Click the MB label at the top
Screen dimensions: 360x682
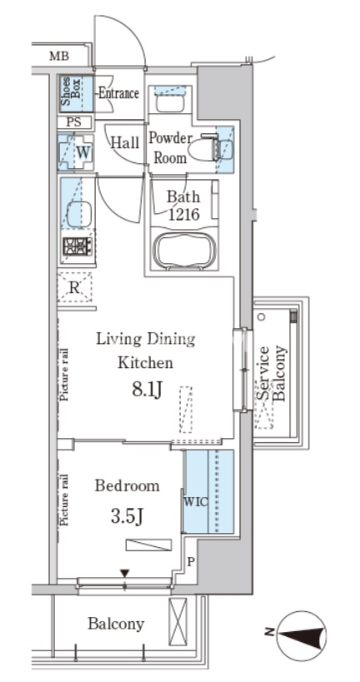coord(59,56)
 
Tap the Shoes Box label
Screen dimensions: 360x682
coord(71,93)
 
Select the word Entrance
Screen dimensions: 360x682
coord(118,93)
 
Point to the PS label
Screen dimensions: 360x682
coord(74,122)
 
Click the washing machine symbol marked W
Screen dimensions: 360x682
coord(76,152)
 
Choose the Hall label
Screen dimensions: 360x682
coord(124,142)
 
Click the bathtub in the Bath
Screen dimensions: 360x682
coord(185,251)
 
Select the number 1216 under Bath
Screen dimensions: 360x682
coord(183,215)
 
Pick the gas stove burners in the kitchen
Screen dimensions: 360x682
coord(77,246)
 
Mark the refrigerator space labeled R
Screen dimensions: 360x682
coord(75,287)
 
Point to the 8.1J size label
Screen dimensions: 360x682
coord(147,391)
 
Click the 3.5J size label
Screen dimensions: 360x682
coord(127,517)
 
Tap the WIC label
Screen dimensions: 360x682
coord(196,501)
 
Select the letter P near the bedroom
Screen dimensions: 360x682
coord(190,561)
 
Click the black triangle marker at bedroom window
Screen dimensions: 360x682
coord(125,574)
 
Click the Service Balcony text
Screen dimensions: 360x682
coord(271,374)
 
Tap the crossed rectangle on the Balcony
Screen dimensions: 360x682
coord(177,617)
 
